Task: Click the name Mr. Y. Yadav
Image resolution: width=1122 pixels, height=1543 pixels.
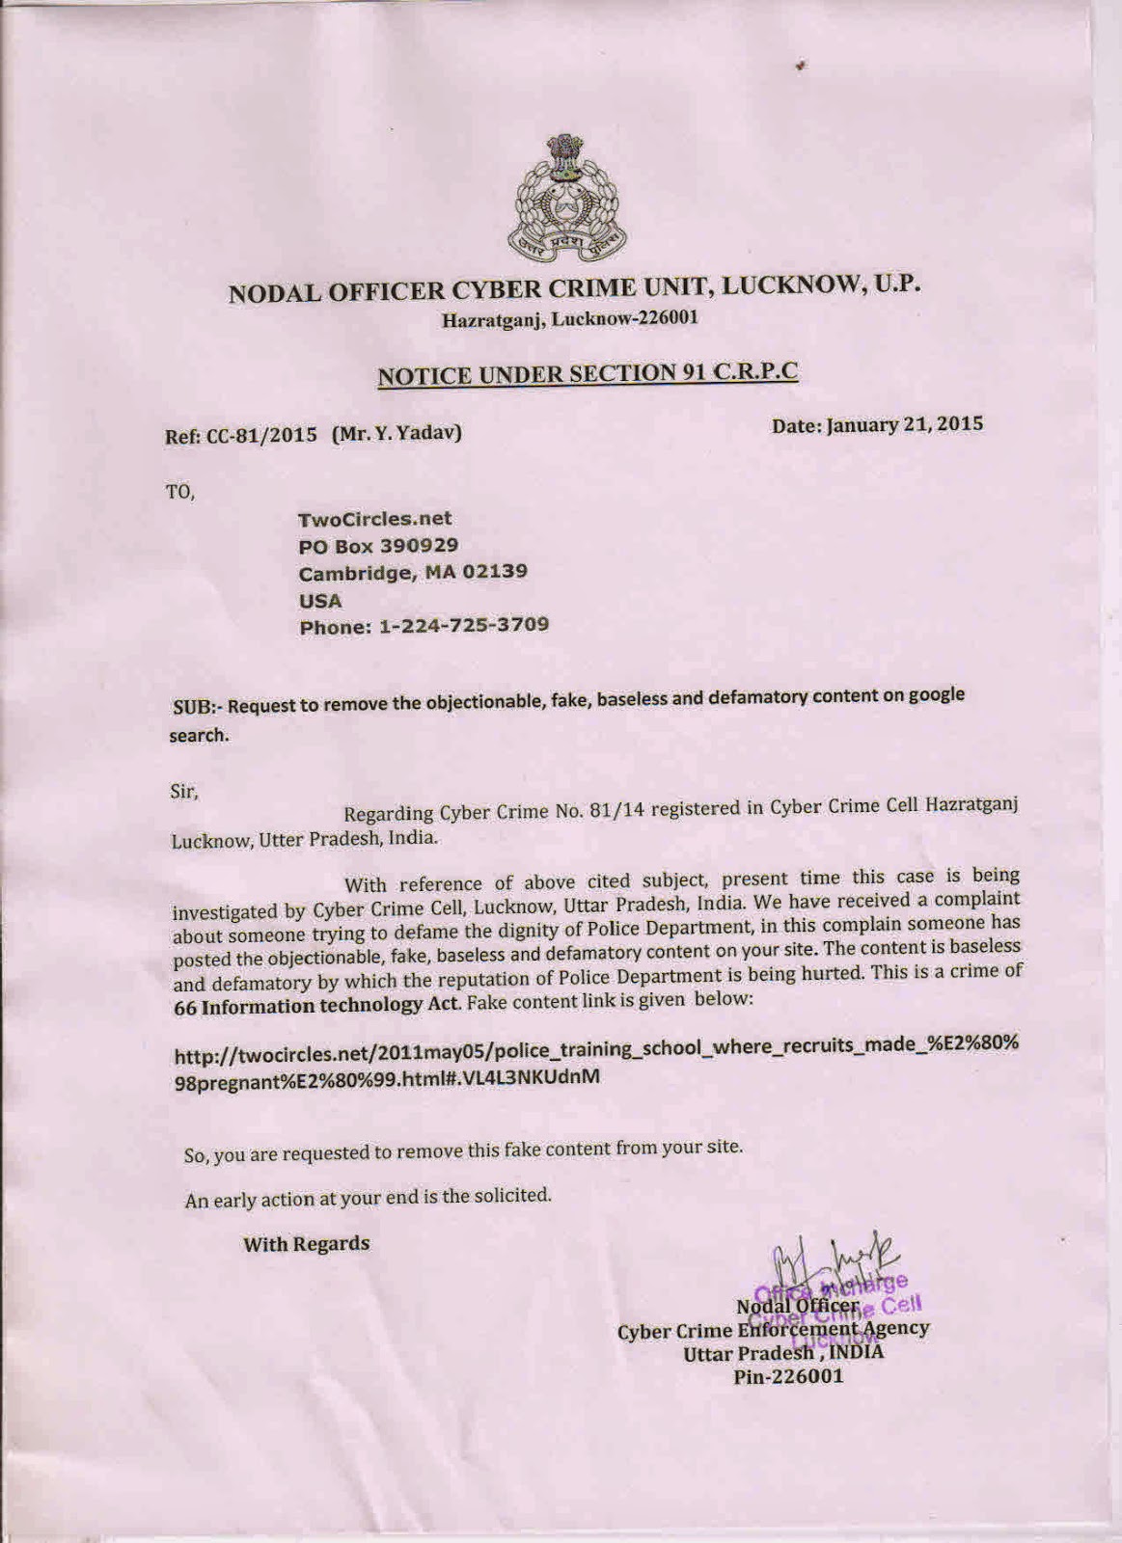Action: click(x=397, y=433)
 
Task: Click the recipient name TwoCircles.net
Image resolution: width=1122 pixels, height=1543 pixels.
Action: click(x=375, y=519)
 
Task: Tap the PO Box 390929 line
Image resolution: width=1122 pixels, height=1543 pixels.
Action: click(x=378, y=546)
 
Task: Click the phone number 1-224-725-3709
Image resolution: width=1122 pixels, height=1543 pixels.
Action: click(x=464, y=625)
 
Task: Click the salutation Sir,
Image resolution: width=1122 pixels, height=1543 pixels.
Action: click(x=183, y=793)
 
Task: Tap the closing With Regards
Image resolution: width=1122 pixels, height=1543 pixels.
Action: click(x=306, y=1244)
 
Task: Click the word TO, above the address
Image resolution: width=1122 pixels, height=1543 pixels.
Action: click(x=180, y=492)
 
